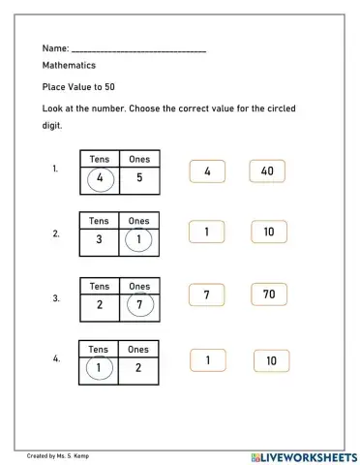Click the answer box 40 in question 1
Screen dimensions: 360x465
[267, 171]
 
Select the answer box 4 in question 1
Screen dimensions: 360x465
[207, 171]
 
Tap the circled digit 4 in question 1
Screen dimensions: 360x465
[100, 178]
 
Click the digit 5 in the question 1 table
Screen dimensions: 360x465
[139, 178]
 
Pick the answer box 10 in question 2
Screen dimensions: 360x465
[269, 232]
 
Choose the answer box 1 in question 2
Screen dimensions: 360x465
[207, 232]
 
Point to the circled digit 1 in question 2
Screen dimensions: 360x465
[138, 239]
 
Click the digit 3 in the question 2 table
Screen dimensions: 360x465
[100, 239]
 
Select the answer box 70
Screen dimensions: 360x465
[268, 294]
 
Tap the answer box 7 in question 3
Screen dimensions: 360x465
[207, 294]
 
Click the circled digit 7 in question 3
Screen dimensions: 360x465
[139, 304]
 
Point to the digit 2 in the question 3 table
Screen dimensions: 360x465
[100, 304]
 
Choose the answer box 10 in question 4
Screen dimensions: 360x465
[271, 361]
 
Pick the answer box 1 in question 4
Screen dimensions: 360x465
[208, 360]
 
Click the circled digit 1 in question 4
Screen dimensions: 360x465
[98, 367]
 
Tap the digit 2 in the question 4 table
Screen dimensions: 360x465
[138, 367]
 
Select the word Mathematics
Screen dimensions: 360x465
[69, 66]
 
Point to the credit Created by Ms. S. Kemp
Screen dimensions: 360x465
[64, 455]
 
